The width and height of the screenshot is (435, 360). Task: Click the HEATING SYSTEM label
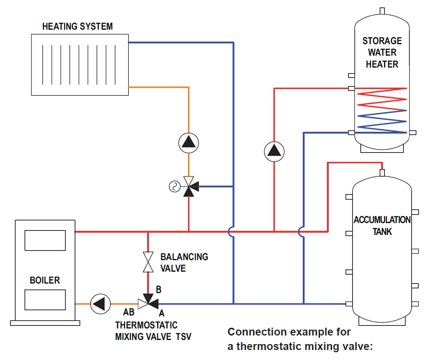[x=77, y=27]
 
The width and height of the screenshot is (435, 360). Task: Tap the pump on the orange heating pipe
[x=189, y=142]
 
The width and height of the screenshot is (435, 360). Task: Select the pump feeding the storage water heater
[x=274, y=151]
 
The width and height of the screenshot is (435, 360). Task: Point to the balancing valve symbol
[x=148, y=262]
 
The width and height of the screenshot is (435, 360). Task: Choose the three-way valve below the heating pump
[x=189, y=187]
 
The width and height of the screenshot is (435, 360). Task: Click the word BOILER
[x=45, y=280]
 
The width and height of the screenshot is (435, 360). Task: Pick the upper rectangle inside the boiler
[x=45, y=240]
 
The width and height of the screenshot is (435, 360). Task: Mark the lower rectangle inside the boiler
[x=45, y=300]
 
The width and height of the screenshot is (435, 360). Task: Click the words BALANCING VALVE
[x=184, y=262]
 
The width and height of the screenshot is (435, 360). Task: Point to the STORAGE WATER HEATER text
[x=382, y=52]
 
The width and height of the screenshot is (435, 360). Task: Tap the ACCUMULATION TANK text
[x=382, y=225]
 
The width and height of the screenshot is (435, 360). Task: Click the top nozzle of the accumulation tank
[x=382, y=173]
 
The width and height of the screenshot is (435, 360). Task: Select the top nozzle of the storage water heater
[x=382, y=10]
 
